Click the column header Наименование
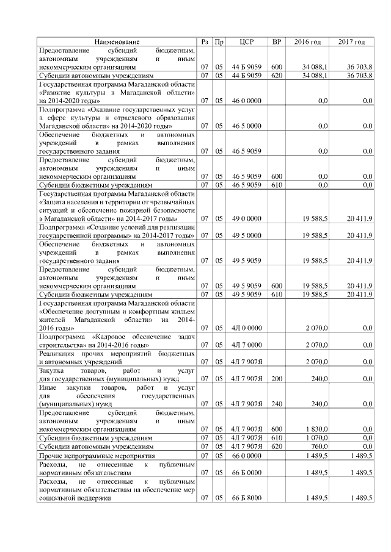coord(117,41)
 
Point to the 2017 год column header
coord(352,41)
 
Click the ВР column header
coord(276,41)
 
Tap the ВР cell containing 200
coord(276,378)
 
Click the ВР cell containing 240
coord(276,403)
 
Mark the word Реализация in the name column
coord(57,353)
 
